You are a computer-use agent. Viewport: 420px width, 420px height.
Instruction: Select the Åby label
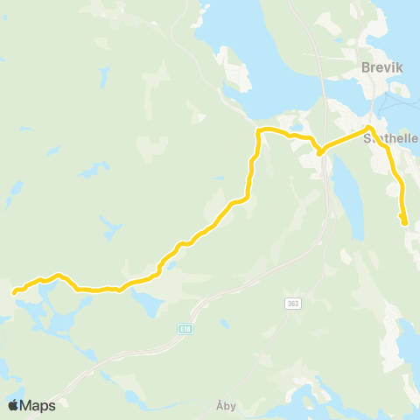coord(226,406)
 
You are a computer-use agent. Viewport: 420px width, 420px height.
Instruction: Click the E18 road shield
coord(185,329)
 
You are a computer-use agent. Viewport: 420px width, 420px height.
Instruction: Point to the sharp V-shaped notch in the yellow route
coord(320,153)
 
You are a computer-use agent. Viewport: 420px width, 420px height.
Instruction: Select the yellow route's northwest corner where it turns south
coord(259,131)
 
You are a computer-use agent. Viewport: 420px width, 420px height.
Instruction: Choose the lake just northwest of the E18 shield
coord(146,301)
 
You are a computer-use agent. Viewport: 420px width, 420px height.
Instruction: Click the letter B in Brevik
coord(366,66)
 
